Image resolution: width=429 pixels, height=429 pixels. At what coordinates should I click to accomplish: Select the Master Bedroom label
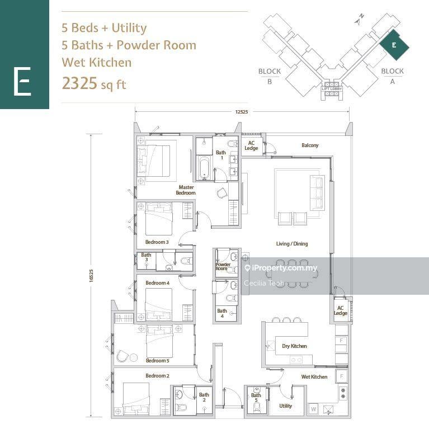(186, 190)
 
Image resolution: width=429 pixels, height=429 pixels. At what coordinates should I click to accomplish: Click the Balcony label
(310, 145)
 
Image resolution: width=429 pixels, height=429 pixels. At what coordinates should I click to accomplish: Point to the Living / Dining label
(291, 244)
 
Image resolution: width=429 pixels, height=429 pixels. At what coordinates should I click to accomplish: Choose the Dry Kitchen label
(294, 346)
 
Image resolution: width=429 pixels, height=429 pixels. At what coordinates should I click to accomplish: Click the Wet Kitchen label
(314, 377)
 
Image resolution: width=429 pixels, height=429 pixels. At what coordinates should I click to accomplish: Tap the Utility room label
(285, 406)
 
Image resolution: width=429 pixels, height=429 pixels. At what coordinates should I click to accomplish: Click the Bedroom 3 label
(157, 242)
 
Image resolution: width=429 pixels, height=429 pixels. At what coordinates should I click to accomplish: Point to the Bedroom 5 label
(157, 361)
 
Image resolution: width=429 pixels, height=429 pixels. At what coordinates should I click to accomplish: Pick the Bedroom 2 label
(157, 376)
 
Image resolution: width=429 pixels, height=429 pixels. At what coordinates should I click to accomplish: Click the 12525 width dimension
(241, 112)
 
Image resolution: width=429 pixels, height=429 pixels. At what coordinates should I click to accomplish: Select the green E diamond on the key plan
(394, 45)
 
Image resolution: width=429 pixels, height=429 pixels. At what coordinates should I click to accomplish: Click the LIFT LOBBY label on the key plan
(332, 89)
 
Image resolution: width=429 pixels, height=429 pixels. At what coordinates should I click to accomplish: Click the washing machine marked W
(313, 409)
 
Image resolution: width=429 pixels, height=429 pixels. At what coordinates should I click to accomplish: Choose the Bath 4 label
(222, 314)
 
